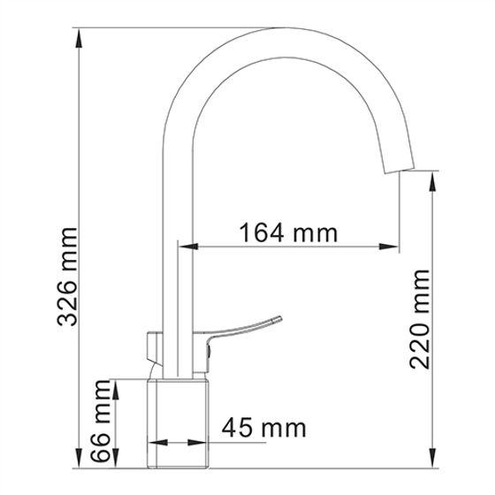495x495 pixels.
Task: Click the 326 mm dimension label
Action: (x=67, y=277)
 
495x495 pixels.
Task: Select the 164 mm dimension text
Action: (x=288, y=233)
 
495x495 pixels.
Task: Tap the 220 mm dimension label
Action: (x=420, y=319)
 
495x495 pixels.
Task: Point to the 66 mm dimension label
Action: (x=101, y=421)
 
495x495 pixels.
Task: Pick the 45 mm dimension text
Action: (x=264, y=428)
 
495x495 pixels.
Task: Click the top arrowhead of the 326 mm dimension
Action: (x=79, y=38)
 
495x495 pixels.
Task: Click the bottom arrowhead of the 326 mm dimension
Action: (x=79, y=458)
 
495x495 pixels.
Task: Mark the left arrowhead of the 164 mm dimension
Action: (x=188, y=247)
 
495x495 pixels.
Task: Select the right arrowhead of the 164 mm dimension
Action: (x=389, y=247)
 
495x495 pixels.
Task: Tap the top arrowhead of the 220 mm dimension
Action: (x=433, y=181)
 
